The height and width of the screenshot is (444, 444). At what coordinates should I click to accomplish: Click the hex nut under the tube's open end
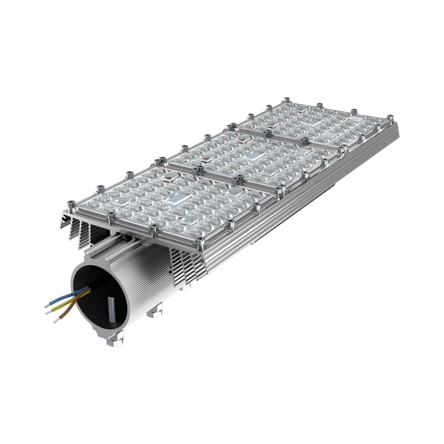(115, 339)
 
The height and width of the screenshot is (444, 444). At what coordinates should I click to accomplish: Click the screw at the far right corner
(390, 118)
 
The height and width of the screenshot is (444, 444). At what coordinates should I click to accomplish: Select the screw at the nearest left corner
(71, 205)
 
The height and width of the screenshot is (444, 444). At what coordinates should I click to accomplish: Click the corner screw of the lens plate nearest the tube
(202, 242)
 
